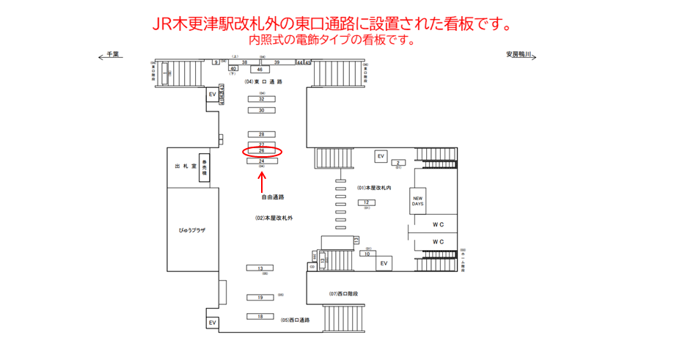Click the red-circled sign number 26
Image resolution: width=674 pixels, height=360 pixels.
pyautogui.click(x=261, y=152)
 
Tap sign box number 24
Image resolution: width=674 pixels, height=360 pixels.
pyautogui.click(x=261, y=161)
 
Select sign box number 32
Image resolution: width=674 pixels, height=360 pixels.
pyautogui.click(x=261, y=99)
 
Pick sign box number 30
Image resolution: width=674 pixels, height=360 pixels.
pyautogui.click(x=261, y=111)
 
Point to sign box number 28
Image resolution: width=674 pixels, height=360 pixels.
pyautogui.click(x=261, y=134)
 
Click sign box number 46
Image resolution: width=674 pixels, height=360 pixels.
pyautogui.click(x=260, y=69)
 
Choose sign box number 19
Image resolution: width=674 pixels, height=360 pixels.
pyautogui.click(x=260, y=298)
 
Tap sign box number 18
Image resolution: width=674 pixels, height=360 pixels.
pyautogui.click(x=260, y=316)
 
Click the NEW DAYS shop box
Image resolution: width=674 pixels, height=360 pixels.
pyautogui.click(x=417, y=200)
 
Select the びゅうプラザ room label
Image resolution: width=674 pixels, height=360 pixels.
pyautogui.click(x=192, y=230)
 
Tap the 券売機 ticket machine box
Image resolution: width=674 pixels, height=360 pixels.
pyautogui.click(x=206, y=169)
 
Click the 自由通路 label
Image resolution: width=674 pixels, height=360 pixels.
pyautogui.click(x=272, y=196)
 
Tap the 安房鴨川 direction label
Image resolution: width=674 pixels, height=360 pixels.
pyautogui.click(x=522, y=54)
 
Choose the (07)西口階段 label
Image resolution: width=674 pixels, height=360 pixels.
pyautogui.click(x=344, y=294)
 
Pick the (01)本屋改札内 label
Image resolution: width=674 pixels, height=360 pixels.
pyautogui.click(x=375, y=188)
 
